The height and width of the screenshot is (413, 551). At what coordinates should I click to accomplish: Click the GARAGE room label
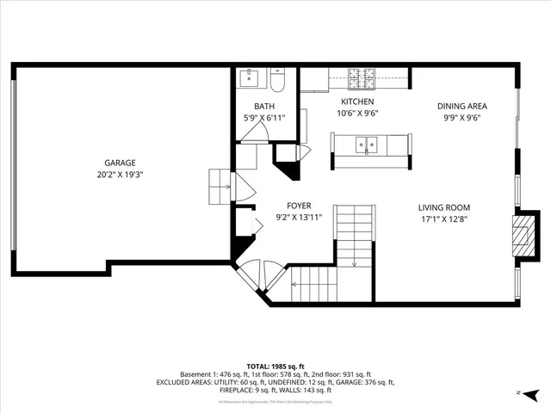pos(120,163)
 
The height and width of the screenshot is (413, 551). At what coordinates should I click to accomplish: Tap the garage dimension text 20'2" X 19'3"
pos(120,174)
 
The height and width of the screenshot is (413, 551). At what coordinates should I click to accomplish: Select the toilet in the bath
pos(277,82)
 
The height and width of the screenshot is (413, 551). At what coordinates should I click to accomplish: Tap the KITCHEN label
pos(357,102)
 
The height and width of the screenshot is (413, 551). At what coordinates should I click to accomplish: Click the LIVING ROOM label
pos(443,207)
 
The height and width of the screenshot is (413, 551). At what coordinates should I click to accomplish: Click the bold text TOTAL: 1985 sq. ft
pos(275,366)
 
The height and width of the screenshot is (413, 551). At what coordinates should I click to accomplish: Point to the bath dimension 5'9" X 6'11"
pos(264,117)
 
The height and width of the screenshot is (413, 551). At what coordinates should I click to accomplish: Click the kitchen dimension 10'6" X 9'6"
pos(357,113)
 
